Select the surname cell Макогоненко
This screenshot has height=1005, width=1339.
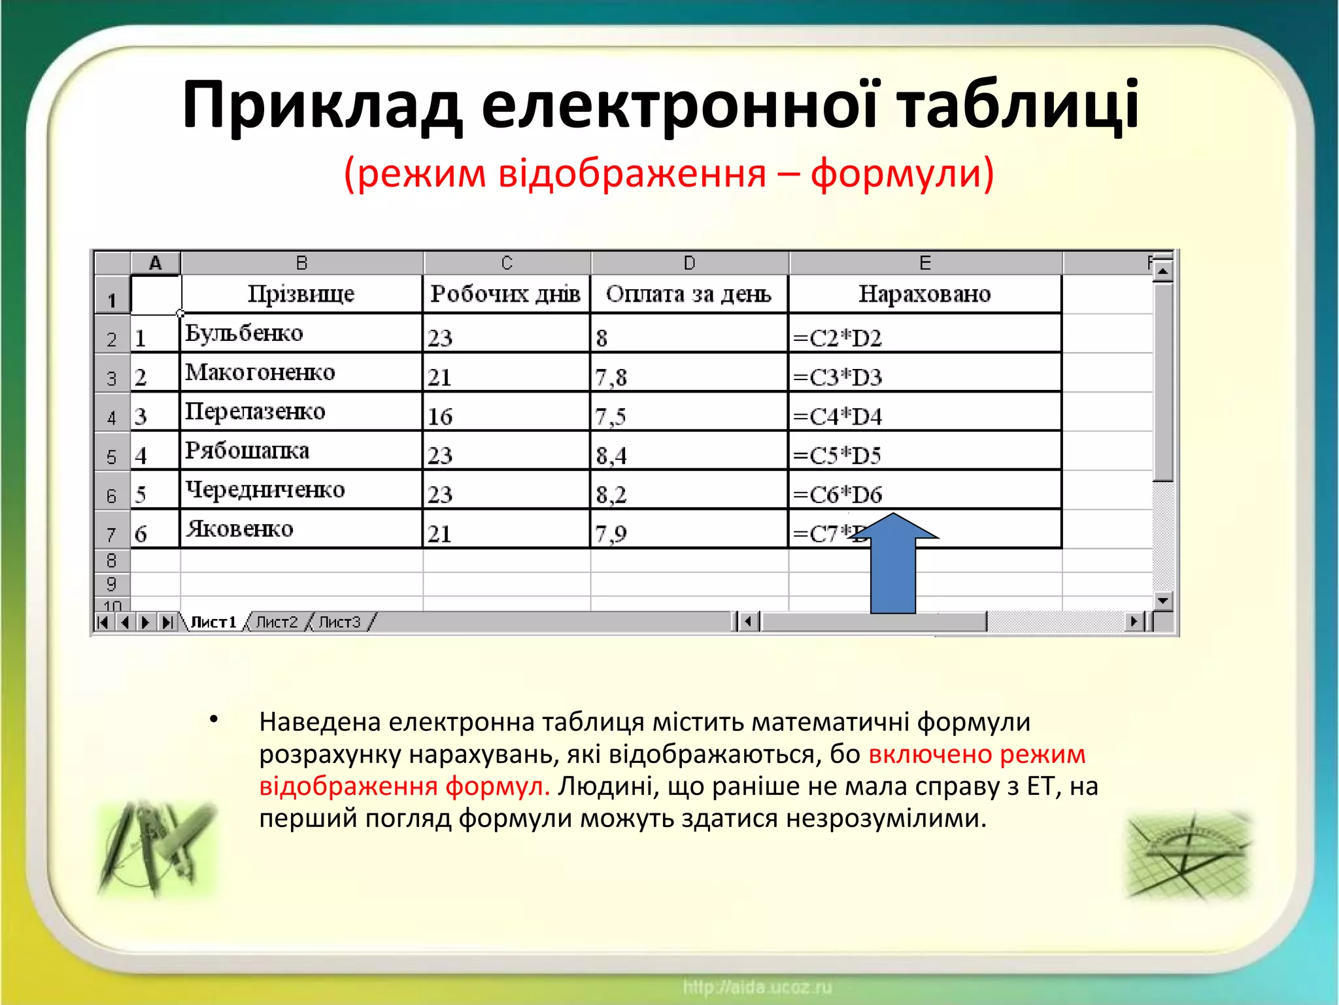pyautogui.click(x=301, y=373)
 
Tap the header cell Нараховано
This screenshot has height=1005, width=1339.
pyautogui.click(x=924, y=294)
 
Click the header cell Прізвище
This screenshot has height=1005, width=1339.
pyautogui.click(x=301, y=294)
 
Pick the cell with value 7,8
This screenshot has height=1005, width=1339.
pyautogui.click(x=688, y=374)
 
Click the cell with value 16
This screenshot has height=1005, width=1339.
pyautogui.click(x=506, y=414)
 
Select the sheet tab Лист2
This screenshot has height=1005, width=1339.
pyautogui.click(x=277, y=622)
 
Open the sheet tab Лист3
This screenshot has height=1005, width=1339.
pyautogui.click(x=339, y=622)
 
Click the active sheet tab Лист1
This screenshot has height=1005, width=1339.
pyautogui.click(x=213, y=622)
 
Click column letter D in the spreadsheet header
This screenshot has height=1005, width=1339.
pyautogui.click(x=689, y=263)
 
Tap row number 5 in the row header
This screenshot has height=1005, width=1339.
pyautogui.click(x=112, y=456)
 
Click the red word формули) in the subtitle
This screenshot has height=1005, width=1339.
pyautogui.click(x=902, y=174)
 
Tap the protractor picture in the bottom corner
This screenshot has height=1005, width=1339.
pyautogui.click(x=1187, y=855)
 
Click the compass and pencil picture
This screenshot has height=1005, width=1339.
pyautogui.click(x=157, y=847)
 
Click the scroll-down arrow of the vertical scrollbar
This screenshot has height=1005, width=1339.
pyautogui.click(x=1162, y=600)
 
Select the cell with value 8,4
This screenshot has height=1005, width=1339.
pyautogui.click(x=688, y=453)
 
